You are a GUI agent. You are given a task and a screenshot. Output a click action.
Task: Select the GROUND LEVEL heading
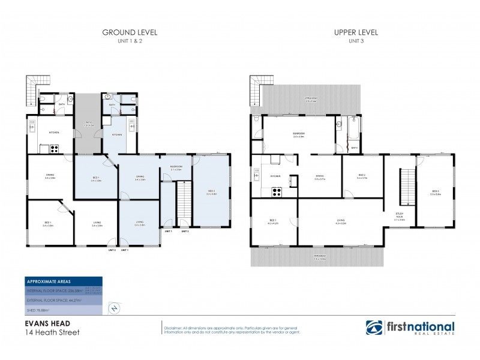130,32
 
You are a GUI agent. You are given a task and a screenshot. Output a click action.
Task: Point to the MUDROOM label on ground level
176,167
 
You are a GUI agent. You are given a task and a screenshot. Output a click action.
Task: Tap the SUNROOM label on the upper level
299,135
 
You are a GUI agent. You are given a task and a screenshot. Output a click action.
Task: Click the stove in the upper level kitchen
277,192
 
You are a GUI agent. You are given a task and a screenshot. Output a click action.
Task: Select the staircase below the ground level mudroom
183,204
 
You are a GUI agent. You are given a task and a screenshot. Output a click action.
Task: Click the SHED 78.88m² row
64,310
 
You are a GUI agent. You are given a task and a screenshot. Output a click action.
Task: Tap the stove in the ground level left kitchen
53,147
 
